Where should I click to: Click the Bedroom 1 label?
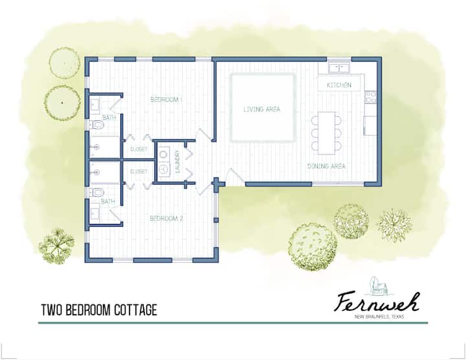click(166, 100)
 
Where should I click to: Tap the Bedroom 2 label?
click(166, 218)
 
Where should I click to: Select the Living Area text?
click(262, 109)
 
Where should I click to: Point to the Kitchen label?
click(339, 85)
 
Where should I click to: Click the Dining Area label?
click(326, 166)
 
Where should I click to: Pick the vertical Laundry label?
click(178, 161)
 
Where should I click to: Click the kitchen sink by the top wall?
click(338, 68)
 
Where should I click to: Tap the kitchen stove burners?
click(371, 97)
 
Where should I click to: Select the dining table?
click(326, 133)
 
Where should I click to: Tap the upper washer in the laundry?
click(164, 155)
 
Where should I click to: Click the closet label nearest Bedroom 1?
click(139, 149)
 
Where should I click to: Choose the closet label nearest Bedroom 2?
click(139, 172)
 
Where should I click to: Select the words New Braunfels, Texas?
click(379, 317)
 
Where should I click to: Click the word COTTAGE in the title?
click(135, 310)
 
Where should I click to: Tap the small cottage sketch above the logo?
click(377, 286)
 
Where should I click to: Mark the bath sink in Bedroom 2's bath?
click(94, 213)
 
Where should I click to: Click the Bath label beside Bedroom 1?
click(109, 118)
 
